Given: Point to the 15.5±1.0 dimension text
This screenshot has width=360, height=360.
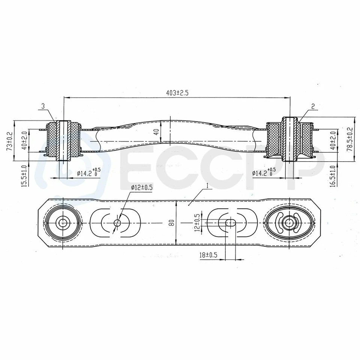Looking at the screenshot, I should pos(24,176).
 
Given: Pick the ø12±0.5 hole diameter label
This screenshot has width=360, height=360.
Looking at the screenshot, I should pos(142,188).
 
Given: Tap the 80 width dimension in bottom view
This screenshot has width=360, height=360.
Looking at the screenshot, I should pos(171,223).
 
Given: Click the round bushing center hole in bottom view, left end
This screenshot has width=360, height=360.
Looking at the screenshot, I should pos(62,223).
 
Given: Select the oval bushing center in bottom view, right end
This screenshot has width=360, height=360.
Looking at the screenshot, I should pos(288,223).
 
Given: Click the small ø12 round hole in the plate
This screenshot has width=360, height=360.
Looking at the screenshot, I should pos(117,223).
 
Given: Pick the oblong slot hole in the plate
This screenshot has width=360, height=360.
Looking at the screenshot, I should pos(230,223).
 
